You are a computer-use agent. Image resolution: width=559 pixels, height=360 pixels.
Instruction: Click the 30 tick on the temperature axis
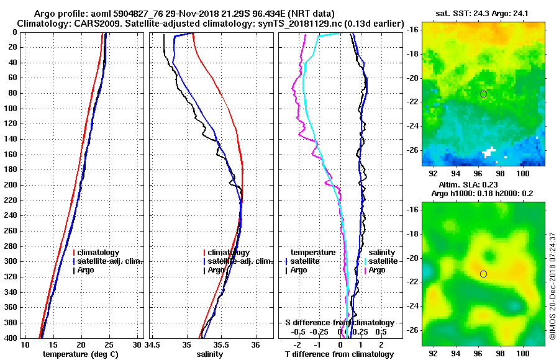click(137, 344)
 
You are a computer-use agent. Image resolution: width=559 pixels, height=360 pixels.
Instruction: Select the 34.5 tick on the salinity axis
click(153, 344)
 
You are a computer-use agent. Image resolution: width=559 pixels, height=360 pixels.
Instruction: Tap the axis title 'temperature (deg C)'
click(80, 354)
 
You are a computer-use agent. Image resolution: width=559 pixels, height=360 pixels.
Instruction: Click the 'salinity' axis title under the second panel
click(209, 354)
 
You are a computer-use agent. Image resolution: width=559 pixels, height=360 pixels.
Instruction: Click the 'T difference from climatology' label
click(339, 354)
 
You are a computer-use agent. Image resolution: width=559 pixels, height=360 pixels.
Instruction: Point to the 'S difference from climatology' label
click(339, 323)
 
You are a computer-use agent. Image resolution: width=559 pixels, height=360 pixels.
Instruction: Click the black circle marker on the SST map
click(483, 94)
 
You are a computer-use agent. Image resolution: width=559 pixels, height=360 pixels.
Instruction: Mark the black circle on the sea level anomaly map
click(483, 274)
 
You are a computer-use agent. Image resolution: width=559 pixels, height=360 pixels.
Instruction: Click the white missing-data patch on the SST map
click(489, 151)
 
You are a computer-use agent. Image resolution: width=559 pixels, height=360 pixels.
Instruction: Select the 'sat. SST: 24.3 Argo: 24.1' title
click(484, 13)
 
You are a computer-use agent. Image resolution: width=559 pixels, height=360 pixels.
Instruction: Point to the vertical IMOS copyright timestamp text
click(552, 286)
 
